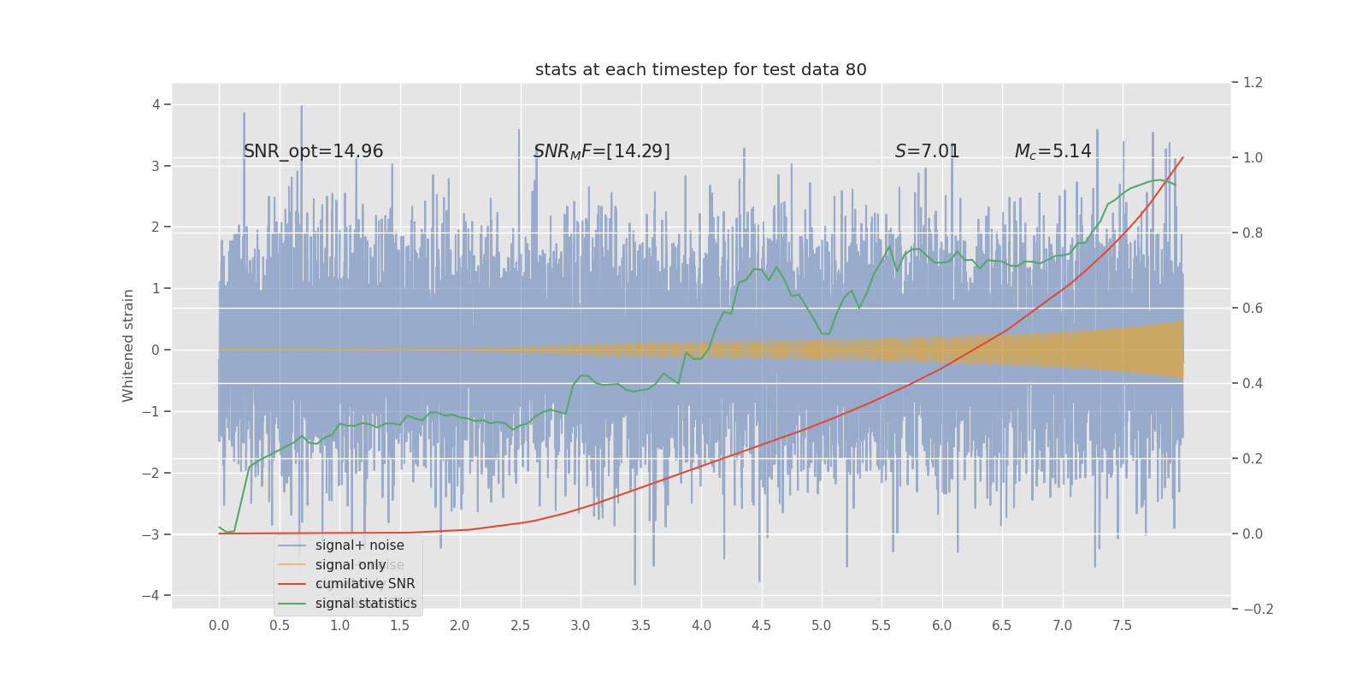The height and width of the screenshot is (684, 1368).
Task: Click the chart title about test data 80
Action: coord(700,70)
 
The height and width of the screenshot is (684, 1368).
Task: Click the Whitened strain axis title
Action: coord(128,345)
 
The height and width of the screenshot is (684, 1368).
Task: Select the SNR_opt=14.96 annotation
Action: coord(313,151)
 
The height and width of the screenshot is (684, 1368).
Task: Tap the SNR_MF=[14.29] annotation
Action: coord(601,151)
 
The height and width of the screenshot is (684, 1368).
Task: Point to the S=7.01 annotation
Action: coord(927,151)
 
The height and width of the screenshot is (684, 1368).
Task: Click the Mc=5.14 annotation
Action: coord(1053,151)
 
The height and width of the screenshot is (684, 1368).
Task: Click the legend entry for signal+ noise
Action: coord(359,545)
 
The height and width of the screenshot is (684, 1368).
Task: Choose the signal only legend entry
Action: coord(351,565)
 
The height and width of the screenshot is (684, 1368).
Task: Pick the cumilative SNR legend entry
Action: coord(365,584)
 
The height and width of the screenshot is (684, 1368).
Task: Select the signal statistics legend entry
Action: coord(366,604)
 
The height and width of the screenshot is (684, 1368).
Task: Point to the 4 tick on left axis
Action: coord(156,104)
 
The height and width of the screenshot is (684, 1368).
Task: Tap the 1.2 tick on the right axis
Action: coord(1253,83)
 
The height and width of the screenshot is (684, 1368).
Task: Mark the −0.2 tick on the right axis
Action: coord(1258,610)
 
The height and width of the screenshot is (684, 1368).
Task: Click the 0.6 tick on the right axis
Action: coord(1253,309)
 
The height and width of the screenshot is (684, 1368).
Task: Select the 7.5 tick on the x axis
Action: coord(1122,626)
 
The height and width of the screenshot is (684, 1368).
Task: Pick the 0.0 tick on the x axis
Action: coord(219,626)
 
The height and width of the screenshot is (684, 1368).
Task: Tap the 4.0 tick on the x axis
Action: coord(701,626)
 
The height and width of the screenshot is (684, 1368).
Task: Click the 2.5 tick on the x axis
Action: coord(520,626)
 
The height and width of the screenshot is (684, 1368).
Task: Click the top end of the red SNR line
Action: coord(1183,157)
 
